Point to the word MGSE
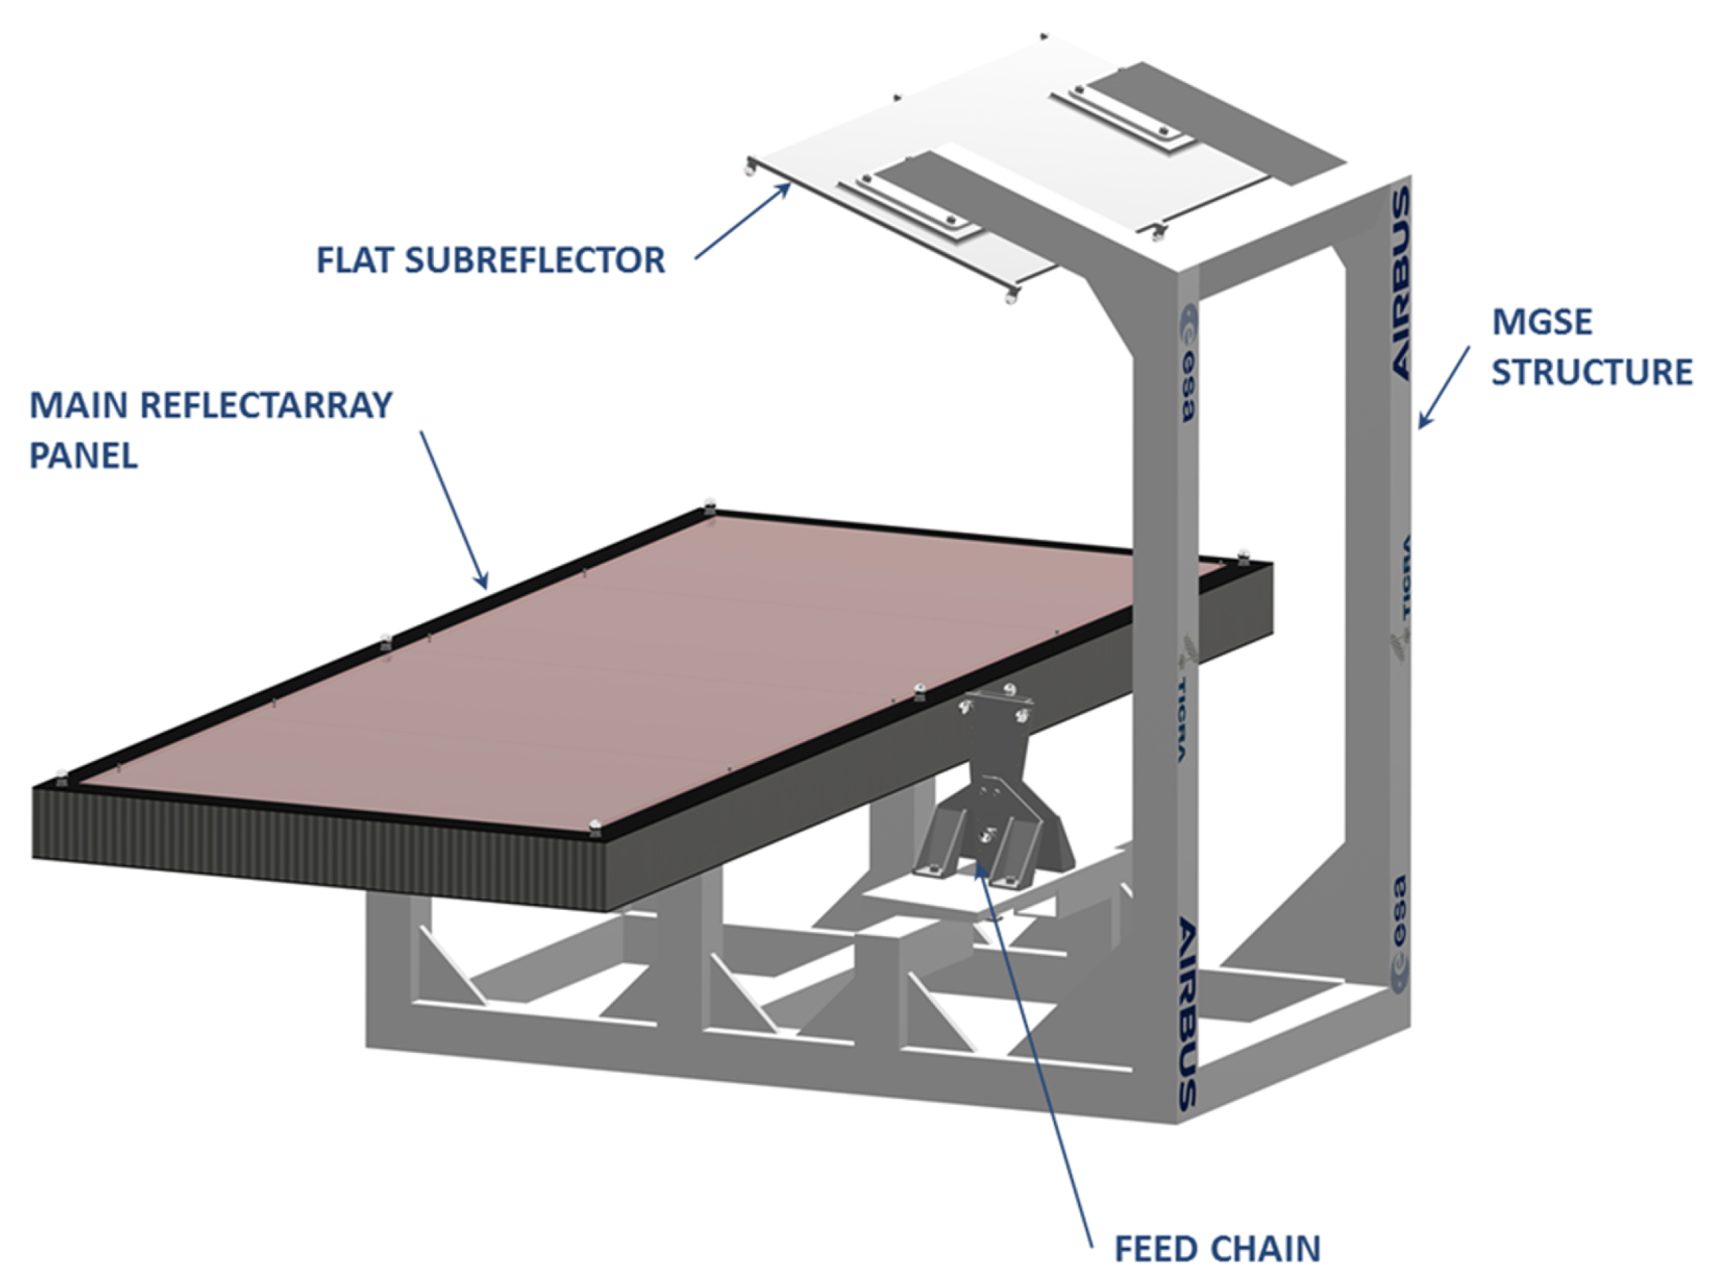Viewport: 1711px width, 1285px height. pyautogui.click(x=1541, y=322)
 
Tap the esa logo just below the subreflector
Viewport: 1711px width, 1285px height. pyautogui.click(x=1187, y=362)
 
